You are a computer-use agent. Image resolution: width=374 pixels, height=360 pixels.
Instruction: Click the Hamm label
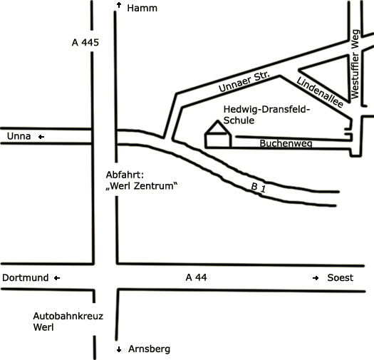point(142,8)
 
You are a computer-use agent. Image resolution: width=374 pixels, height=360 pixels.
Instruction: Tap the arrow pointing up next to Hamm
point(119,5)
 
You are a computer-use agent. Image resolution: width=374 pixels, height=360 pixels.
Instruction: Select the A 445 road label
point(85,43)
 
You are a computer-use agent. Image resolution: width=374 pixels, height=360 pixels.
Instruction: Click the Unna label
point(19,136)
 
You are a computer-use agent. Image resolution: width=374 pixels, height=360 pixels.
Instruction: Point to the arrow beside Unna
point(41,137)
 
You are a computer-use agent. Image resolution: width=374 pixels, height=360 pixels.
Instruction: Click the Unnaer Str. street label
point(244,81)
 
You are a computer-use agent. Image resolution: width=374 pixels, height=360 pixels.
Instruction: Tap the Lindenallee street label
point(320,92)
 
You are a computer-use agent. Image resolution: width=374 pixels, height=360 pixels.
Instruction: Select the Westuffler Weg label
point(355,64)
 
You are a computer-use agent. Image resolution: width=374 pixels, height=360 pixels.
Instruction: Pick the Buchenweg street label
point(286,143)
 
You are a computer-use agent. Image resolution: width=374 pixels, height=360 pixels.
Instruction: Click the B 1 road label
point(259,187)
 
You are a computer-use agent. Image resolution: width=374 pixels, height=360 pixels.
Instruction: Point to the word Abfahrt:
point(125,175)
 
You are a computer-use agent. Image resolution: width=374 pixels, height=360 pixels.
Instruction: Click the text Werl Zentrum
point(142,186)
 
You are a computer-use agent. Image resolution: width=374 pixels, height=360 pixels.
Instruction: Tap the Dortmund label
point(25,278)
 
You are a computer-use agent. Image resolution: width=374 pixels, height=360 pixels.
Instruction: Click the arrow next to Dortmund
point(57,278)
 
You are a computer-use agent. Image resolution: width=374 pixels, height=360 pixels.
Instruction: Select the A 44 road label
point(196,277)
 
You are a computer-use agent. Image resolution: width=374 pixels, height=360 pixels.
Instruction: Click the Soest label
point(340,278)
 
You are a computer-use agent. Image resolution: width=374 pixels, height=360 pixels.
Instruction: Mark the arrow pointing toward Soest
point(316,278)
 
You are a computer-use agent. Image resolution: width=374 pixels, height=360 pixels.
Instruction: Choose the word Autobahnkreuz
point(68,316)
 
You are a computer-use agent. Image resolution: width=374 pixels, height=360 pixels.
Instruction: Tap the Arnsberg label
point(150,349)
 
